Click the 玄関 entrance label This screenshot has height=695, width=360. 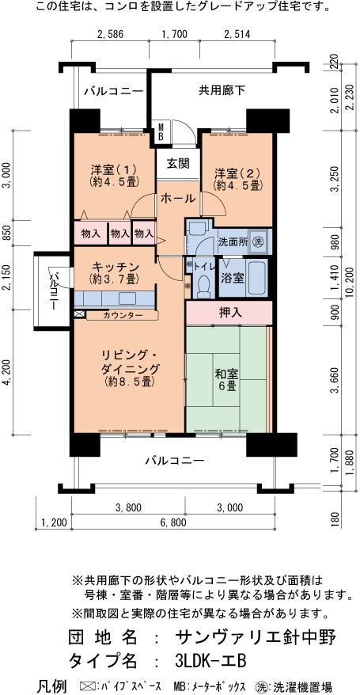(178, 164)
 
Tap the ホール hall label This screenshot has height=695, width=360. (177, 199)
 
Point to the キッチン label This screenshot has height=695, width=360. (116, 268)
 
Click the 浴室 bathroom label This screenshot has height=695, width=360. (233, 278)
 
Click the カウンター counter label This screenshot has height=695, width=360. (123, 315)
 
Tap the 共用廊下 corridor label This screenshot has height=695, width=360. (222, 91)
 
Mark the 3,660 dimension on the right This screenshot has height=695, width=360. (337, 380)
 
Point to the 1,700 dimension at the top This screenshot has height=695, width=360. (175, 34)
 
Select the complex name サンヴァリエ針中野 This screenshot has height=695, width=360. (256, 637)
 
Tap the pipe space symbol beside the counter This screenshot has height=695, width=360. (79, 313)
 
